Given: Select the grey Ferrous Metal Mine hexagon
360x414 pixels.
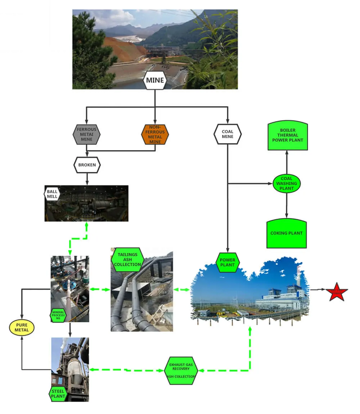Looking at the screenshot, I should click(86, 134).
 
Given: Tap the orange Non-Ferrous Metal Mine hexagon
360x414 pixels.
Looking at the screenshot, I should click(155, 134).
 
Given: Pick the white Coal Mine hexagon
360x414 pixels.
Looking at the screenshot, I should click(228, 134).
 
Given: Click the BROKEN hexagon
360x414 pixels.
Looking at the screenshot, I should click(87, 165).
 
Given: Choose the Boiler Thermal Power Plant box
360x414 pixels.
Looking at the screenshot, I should click(287, 136).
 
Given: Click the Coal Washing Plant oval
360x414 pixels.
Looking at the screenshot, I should click(287, 183).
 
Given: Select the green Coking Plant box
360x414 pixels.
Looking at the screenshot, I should click(287, 233).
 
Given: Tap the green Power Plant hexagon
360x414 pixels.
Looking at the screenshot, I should click(228, 263).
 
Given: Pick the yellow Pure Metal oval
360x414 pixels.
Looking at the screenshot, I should click(22, 328).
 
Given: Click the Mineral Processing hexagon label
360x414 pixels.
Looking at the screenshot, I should click(58, 315).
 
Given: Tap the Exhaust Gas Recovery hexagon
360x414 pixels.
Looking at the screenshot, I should click(181, 370).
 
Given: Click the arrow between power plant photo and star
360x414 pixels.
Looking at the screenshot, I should click(318, 289).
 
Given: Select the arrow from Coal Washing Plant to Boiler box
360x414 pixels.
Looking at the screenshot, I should click(287, 162).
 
